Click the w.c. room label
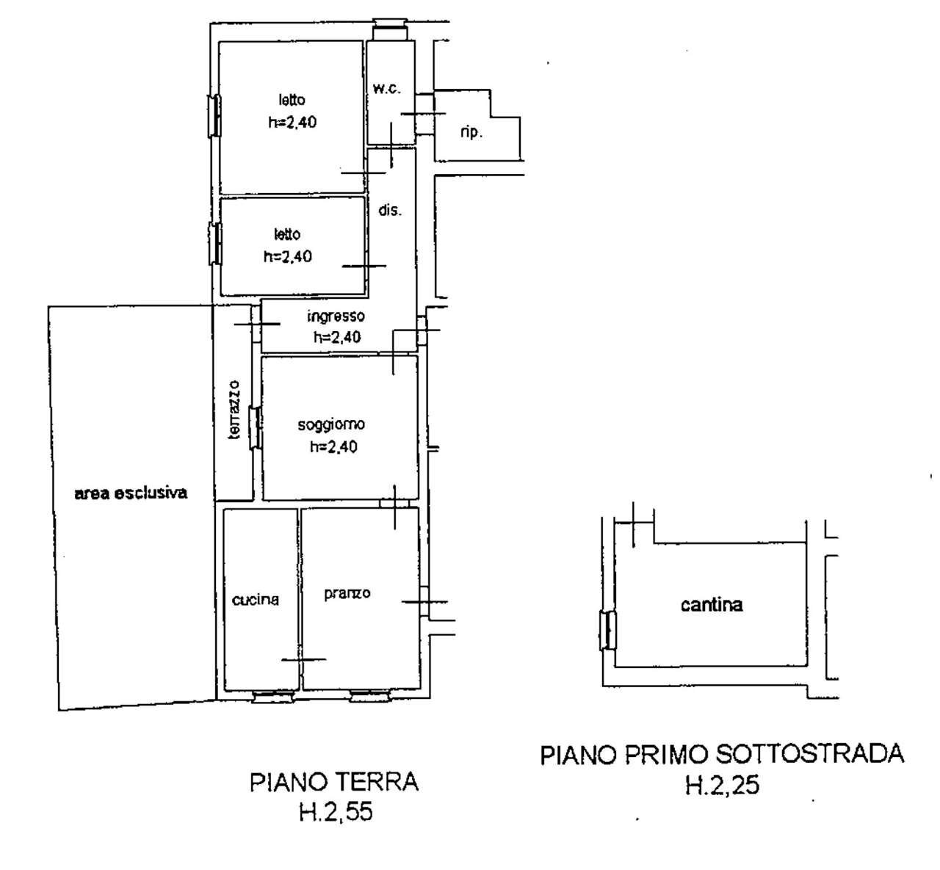click(x=386, y=89)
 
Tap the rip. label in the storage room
click(x=471, y=133)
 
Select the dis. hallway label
click(x=390, y=210)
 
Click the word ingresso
click(x=336, y=316)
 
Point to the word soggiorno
click(x=331, y=424)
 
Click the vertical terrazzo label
click(x=234, y=410)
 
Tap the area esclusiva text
click(x=131, y=493)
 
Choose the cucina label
click(x=256, y=599)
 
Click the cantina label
click(x=711, y=605)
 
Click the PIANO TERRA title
click(x=334, y=782)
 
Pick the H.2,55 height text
click(x=335, y=812)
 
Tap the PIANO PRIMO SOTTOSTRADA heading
click(x=722, y=755)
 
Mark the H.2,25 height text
click(x=722, y=786)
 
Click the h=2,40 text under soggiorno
click(x=333, y=446)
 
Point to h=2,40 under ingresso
click(x=337, y=338)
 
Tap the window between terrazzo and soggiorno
click(x=255, y=428)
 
